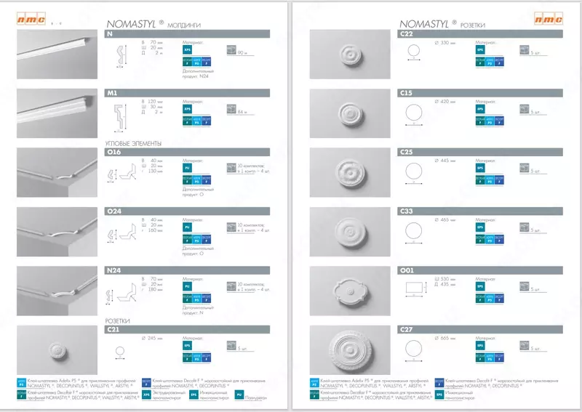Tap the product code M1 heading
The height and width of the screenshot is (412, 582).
112,94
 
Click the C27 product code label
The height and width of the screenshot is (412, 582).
407,329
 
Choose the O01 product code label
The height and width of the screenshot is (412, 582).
407,270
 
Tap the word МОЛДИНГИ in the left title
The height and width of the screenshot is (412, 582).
183,25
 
